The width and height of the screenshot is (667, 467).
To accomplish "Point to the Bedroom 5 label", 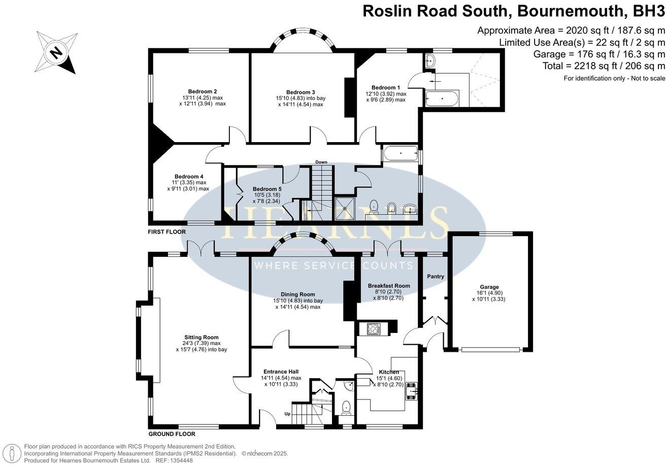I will pyautogui.click(x=267, y=189).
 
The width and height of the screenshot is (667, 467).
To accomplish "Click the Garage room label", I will pyautogui.click(x=489, y=287).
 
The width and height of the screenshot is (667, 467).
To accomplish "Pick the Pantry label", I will pyautogui.click(x=436, y=277).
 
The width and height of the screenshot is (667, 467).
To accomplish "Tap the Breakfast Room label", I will pyautogui.click(x=388, y=286).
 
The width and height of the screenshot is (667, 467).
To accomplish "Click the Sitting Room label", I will pyautogui.click(x=202, y=337).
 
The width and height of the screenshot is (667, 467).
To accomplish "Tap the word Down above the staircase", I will pyautogui.click(x=321, y=162).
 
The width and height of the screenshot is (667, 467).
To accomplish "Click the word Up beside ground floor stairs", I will pyautogui.click(x=287, y=414).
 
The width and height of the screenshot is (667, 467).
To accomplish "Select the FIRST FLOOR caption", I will pyautogui.click(x=167, y=232).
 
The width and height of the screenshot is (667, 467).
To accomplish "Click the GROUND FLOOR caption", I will pyautogui.click(x=172, y=435).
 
